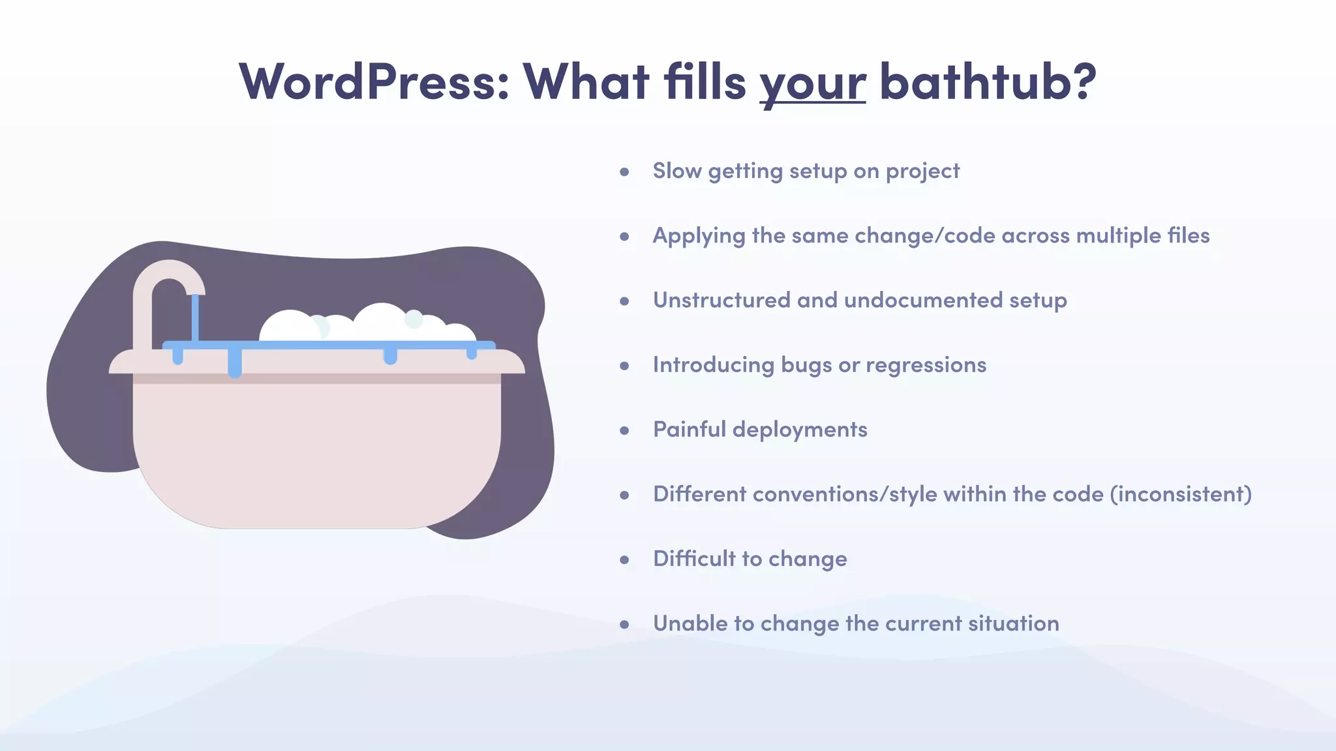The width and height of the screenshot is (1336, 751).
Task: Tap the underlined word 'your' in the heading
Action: click(812, 83)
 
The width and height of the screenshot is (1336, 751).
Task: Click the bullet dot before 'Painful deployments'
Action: click(624, 430)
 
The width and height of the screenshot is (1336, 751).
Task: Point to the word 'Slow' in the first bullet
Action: click(676, 171)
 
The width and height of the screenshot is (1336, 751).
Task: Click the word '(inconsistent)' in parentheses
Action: click(1181, 494)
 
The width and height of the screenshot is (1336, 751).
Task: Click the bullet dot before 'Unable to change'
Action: click(624, 625)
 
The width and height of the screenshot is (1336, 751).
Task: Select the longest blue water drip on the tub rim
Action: click(235, 363)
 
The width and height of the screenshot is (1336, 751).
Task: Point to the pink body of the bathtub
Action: click(316, 450)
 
